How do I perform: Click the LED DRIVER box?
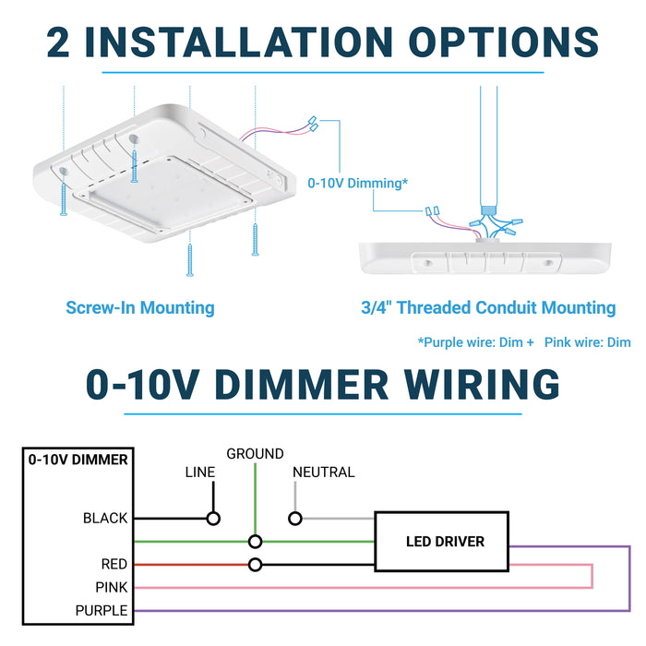[x=445, y=542]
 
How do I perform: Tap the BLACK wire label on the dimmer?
[x=105, y=519]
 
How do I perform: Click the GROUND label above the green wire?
[x=255, y=454]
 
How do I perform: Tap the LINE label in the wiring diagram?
[x=199, y=473]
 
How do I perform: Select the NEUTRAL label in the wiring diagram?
[x=323, y=473]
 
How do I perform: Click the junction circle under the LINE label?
[x=213, y=519]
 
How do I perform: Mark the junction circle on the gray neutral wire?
[x=295, y=519]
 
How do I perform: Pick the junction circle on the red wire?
[x=256, y=565]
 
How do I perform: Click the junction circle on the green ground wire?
[x=256, y=542]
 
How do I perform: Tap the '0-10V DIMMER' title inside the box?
[x=78, y=459]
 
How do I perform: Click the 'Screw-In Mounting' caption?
[x=140, y=308]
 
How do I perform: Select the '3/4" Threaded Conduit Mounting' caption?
[x=488, y=308]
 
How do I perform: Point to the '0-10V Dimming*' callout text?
[x=357, y=184]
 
